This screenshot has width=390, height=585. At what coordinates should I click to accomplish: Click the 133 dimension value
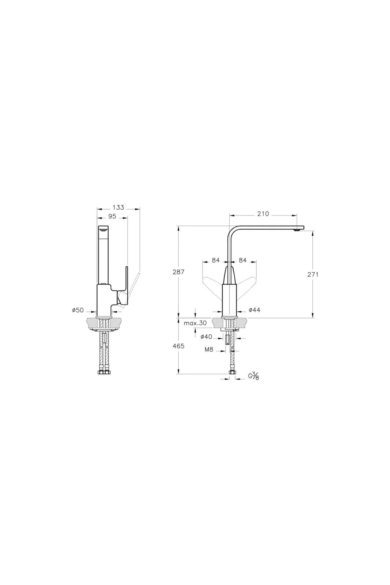tap(118, 207)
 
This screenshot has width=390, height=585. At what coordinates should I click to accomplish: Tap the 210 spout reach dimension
tap(263, 214)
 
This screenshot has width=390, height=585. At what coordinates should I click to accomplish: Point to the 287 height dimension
tap(178, 272)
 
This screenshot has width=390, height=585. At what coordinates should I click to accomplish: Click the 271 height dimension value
tap(313, 274)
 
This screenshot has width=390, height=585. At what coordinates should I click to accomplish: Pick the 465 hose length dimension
tap(178, 346)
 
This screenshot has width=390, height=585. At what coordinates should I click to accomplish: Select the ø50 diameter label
tap(78, 310)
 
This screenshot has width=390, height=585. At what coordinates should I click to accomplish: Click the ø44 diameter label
tap(254, 310)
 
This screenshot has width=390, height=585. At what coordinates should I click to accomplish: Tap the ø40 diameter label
tap(206, 337)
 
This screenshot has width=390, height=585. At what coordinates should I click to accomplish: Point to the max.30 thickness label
tap(195, 323)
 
